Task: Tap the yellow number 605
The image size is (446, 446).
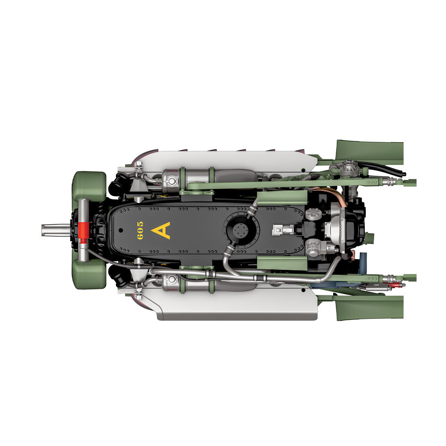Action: (140, 231)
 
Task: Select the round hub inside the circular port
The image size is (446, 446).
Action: (241, 230)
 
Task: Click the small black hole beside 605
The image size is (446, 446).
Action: (120, 230)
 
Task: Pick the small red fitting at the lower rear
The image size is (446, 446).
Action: (395, 285)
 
